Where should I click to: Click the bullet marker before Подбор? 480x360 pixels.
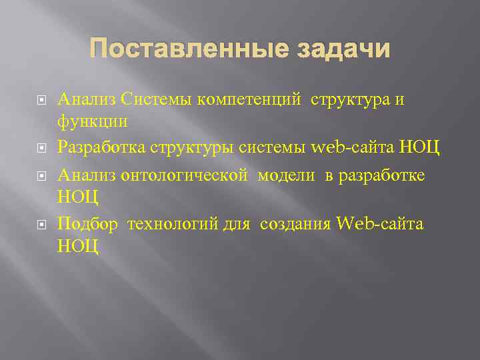pos(41,224)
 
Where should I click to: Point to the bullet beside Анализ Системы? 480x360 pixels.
pos(41,100)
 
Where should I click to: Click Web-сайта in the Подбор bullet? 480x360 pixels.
pos(381,223)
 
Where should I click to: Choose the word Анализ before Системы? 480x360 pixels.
pos(87,99)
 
